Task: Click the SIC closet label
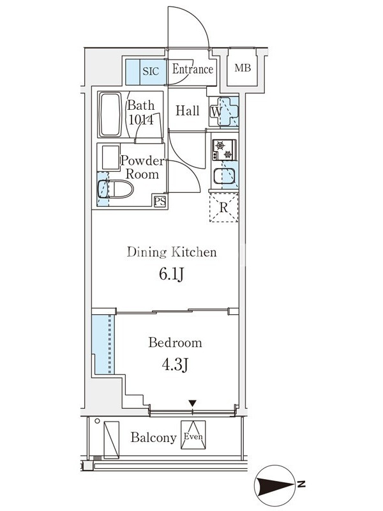(151, 71)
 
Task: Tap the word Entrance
(193, 69)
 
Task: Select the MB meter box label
(243, 68)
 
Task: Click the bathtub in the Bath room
(110, 116)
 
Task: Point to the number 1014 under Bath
(140, 120)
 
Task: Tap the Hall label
(187, 111)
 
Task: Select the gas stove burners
(225, 150)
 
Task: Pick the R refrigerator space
(224, 208)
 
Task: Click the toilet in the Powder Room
(116, 189)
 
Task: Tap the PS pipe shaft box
(160, 201)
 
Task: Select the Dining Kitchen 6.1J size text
(172, 274)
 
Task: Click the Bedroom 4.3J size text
(174, 365)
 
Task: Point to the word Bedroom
(175, 342)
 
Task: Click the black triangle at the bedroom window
(193, 404)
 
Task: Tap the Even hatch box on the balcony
(193, 435)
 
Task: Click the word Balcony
(153, 438)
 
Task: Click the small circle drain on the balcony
(97, 421)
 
